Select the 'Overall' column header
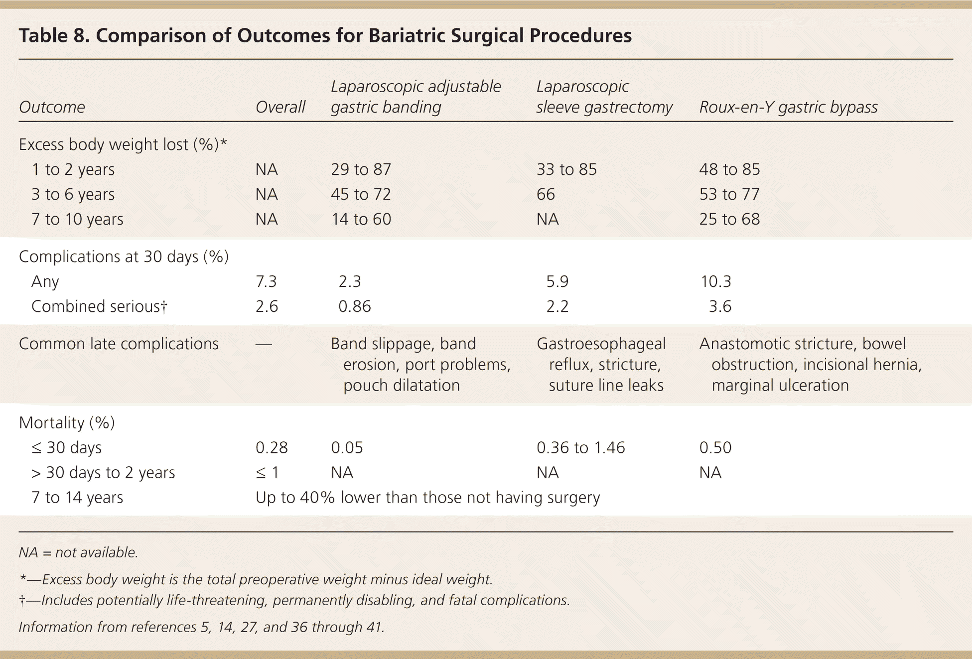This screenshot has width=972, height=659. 280,107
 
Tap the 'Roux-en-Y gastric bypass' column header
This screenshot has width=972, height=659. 788,107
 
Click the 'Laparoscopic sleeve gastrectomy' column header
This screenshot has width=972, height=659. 604,97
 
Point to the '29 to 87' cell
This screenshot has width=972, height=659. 361,169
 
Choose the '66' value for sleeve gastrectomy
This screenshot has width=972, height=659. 546,194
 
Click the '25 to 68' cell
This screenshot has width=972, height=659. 729,219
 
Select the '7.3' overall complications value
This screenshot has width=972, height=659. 266,281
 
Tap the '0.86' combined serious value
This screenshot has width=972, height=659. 354,306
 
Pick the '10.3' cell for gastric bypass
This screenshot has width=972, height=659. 716,281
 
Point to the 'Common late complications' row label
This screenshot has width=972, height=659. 119,344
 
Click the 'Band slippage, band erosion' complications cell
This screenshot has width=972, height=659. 420,364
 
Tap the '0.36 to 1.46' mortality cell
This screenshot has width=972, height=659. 580,447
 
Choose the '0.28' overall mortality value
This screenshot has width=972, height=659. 272,447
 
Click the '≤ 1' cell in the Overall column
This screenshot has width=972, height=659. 267,472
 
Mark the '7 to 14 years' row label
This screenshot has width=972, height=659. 77,497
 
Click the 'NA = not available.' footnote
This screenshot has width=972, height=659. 78,552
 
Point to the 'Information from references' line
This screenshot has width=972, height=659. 201,627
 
